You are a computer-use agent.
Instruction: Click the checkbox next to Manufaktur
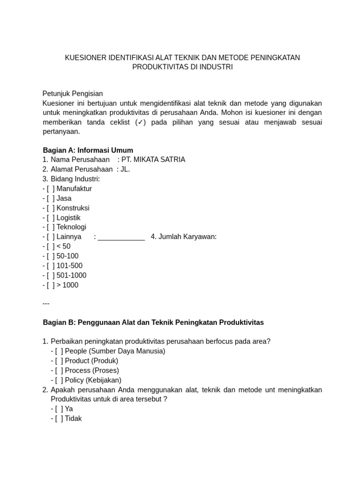click(51, 189)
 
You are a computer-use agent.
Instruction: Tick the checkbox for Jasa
click(51, 199)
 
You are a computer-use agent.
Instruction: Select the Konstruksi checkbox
click(51, 208)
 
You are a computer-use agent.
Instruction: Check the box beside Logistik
click(51, 218)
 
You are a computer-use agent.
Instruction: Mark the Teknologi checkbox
click(51, 227)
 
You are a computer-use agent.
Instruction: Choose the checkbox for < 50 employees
click(51, 247)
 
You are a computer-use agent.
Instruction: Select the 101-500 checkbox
click(51, 266)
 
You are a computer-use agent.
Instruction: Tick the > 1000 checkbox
click(51, 285)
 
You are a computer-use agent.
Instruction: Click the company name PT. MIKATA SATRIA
click(153, 160)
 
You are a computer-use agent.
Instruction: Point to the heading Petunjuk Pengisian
click(73, 94)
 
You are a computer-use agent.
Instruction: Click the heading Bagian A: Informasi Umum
click(88, 150)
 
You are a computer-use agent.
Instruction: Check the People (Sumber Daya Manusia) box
click(59, 351)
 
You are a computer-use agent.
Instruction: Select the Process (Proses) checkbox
click(59, 370)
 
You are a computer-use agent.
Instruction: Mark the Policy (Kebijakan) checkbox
click(59, 380)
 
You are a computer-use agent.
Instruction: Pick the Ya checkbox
click(59, 409)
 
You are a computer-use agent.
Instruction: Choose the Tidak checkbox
click(59, 419)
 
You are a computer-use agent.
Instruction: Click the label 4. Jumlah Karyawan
click(184, 237)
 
